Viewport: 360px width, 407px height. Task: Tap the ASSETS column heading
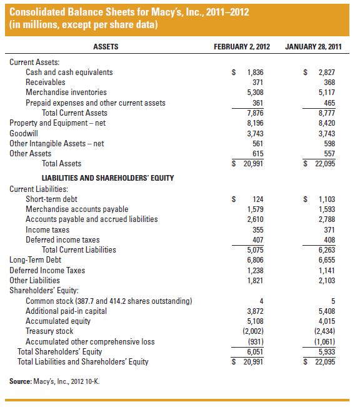tap(106, 46)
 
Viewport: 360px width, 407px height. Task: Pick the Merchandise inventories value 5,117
tap(327, 93)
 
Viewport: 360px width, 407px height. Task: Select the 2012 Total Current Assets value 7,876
tap(255, 113)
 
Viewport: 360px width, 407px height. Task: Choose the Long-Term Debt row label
tap(36, 259)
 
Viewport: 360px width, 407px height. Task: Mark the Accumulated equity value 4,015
tap(327, 321)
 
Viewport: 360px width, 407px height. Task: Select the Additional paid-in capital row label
tap(66, 311)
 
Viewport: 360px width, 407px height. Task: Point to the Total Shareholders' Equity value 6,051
tap(255, 351)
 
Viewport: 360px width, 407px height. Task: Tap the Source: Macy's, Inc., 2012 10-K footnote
tap(55, 381)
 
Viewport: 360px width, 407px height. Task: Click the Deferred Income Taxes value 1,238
tap(255, 270)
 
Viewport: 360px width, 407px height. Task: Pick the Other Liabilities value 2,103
tap(327, 280)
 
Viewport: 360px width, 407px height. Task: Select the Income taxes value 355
tap(257, 229)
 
